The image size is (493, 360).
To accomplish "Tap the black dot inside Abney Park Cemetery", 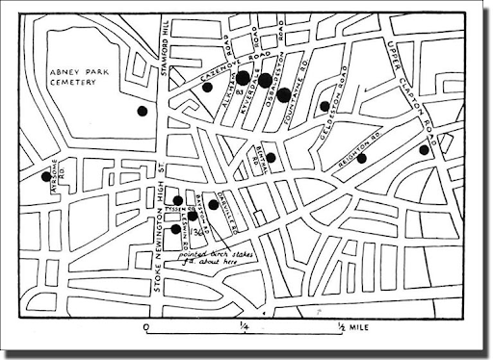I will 143,111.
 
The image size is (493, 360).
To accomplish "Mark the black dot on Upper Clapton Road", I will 424,149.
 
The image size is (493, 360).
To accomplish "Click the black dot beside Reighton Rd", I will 362,158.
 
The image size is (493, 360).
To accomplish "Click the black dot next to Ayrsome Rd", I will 45,176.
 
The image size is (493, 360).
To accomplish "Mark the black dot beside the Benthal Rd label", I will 271,158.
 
